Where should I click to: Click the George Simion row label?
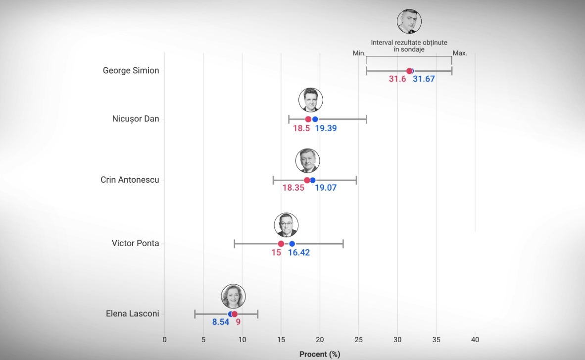pos(131,70)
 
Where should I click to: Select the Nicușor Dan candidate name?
pos(136,119)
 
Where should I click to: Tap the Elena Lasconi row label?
pos(132,313)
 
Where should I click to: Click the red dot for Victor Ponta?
pos(281,244)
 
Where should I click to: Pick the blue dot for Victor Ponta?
pos(292,244)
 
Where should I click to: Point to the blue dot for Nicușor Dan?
pos(315,119)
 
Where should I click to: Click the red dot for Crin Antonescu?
pos(307,180)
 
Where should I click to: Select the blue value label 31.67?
pos(424,79)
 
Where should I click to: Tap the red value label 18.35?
pos(293,188)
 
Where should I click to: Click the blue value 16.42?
pos(299,253)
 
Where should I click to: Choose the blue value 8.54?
pos(221,322)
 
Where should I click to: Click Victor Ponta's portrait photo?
pos(286,225)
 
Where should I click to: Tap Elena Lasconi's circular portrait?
pos(233,297)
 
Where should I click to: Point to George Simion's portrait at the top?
pos(409,21)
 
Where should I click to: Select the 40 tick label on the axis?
pos(475,340)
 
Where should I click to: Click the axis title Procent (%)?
pos(320,354)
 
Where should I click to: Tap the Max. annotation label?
pos(460,53)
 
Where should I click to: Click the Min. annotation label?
pos(359,53)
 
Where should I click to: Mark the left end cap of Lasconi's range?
pos(195,314)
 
